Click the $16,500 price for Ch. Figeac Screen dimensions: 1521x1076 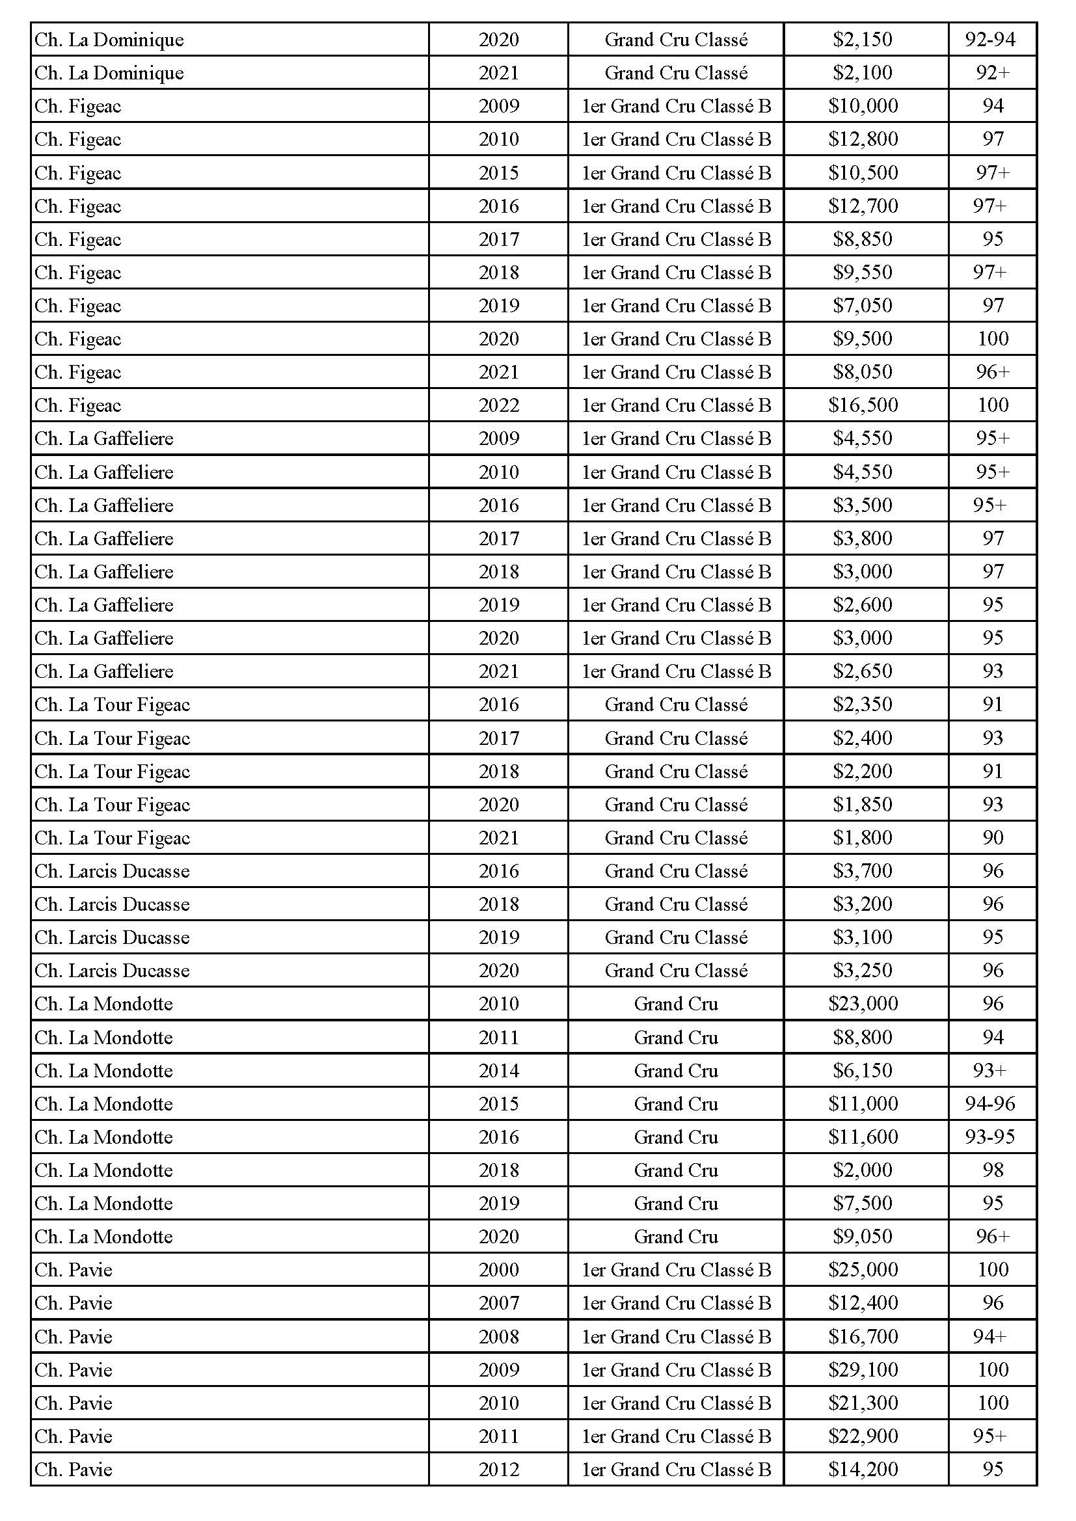863,405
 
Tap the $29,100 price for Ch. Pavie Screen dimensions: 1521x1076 863,1369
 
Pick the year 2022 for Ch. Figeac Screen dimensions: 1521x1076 499,405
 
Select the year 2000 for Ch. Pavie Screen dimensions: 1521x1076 499,1269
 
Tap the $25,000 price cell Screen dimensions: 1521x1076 863,1269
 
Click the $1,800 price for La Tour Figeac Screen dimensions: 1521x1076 863,837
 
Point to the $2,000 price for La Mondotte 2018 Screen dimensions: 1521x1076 863,1170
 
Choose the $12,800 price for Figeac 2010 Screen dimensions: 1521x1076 863,139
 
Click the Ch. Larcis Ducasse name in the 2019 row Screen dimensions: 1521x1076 112,937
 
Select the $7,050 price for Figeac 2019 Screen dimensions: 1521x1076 863,305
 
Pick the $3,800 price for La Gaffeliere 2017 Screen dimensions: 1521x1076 863,538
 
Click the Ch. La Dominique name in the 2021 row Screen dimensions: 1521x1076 109,73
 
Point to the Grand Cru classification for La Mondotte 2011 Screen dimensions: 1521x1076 676,1037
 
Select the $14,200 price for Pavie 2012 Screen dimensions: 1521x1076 863,1469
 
